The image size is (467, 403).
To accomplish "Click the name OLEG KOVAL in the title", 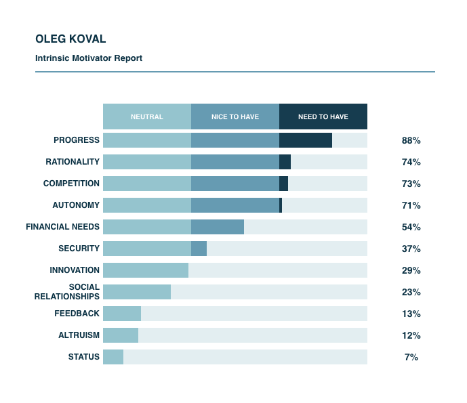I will [70, 39].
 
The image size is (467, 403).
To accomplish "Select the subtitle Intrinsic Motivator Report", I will [89, 58].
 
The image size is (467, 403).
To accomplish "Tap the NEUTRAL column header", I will [147, 116].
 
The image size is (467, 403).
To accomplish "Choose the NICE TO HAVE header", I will [235, 116].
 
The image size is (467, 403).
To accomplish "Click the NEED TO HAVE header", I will [323, 116].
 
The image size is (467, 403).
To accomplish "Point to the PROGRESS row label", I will [77, 140].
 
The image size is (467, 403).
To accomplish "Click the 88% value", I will [411, 141].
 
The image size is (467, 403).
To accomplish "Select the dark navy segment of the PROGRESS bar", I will [305, 140].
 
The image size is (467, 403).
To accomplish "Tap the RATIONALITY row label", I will [73, 162].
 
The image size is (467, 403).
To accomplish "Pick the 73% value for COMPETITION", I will [411, 184].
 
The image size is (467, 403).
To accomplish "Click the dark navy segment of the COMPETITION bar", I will [283, 184].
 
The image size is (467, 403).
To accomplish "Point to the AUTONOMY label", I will [76, 205].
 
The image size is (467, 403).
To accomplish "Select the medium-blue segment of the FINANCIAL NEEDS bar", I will [217, 227].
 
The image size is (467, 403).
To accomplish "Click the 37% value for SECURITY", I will [411, 249].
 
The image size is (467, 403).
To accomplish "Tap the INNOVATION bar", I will [146, 270].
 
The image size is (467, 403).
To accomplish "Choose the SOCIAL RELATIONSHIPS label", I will [67, 292].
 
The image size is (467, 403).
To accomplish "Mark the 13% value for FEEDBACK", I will [411, 314].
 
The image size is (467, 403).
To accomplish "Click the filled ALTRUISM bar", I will [121, 335].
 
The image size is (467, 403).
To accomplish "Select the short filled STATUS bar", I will [113, 357].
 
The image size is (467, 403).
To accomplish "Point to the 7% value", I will [411, 358].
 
